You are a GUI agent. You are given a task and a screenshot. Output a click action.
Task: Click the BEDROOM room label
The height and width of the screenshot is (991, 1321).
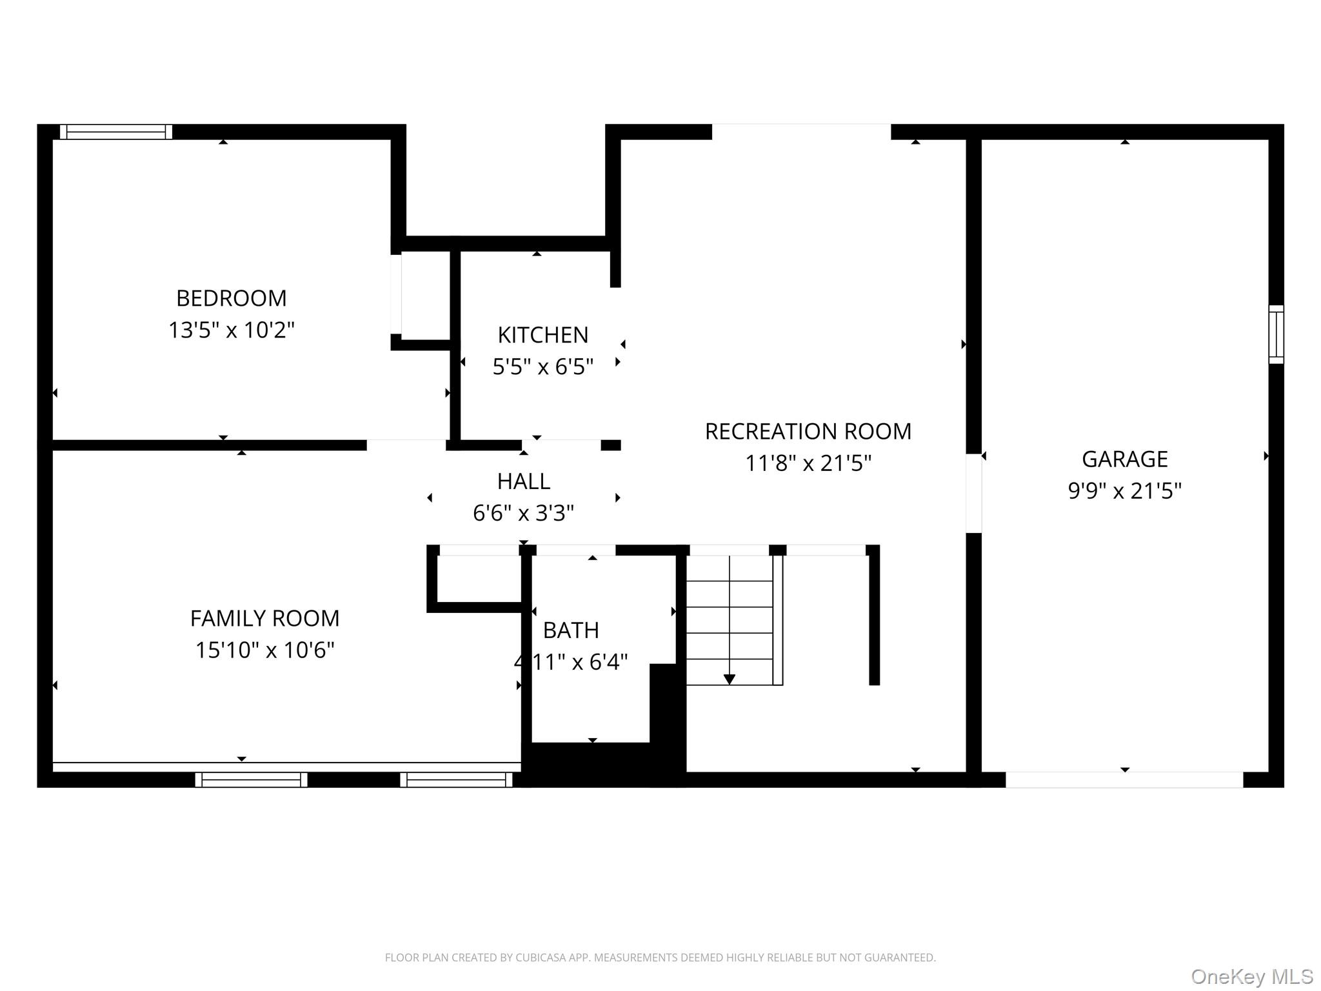[231, 298]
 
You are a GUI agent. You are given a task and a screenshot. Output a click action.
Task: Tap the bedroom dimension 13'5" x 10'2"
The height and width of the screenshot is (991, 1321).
[231, 330]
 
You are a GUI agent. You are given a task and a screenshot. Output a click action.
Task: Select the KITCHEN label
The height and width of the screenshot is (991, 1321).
[542, 335]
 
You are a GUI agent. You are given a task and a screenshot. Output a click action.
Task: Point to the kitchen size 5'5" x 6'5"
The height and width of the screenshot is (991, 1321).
[542, 367]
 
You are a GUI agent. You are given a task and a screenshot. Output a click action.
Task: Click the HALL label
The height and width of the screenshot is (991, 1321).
[523, 481]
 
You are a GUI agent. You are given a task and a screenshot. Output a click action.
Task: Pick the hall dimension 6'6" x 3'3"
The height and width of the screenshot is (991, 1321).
[523, 514]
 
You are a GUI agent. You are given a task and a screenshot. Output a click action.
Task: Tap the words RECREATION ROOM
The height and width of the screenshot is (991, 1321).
[808, 432]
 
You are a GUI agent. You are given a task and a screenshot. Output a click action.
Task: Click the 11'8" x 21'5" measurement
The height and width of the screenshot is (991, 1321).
[808, 463]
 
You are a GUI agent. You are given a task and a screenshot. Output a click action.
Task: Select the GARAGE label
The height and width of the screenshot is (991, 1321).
[1124, 459]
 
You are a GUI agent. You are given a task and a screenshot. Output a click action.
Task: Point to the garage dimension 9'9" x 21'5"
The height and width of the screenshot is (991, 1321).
[1124, 491]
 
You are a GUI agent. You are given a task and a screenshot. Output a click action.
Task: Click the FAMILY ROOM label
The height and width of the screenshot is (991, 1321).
[264, 619]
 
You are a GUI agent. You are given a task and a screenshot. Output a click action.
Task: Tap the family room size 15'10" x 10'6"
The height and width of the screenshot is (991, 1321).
[264, 650]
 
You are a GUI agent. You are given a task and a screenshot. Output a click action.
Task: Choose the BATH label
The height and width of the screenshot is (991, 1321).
[571, 630]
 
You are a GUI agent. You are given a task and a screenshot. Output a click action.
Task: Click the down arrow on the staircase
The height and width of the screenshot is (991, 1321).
[729, 679]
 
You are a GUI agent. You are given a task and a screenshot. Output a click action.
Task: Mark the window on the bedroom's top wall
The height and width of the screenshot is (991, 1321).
[116, 132]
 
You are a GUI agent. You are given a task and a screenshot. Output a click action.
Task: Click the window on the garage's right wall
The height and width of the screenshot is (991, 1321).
[1276, 334]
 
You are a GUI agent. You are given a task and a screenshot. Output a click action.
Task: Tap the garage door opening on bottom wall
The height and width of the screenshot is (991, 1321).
[1124, 779]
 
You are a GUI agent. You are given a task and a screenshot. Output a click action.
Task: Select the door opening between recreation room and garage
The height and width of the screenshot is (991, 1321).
[973, 494]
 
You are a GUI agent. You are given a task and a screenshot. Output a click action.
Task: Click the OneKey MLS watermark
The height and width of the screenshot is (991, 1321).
[1251, 977]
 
